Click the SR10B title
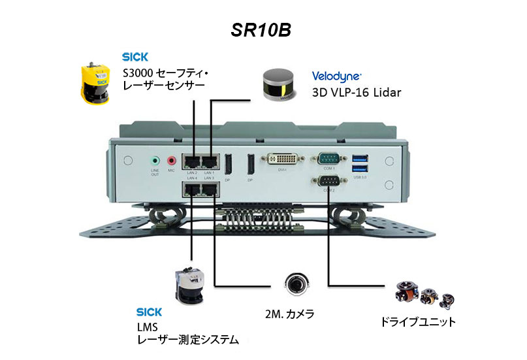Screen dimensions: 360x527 pos(263,31)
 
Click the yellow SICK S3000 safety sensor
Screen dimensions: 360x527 pos(95,81)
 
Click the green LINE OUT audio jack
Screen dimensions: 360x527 pos(155,159)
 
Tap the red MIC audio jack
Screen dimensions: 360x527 pos(172,159)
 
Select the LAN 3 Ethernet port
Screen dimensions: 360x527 pos(210,189)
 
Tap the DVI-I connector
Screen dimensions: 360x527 pos(281,160)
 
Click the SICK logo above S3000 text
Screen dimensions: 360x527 pos(135,56)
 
